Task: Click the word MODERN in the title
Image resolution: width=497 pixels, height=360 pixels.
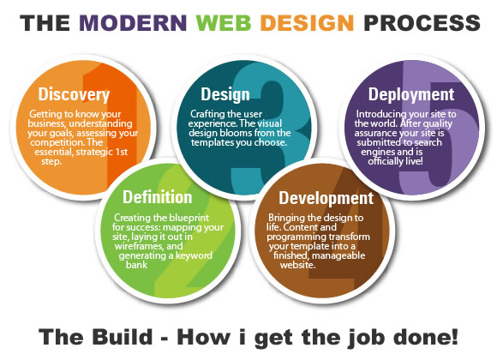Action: pyautogui.click(x=133, y=23)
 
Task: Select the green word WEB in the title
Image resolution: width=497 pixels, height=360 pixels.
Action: pyautogui.click(x=224, y=23)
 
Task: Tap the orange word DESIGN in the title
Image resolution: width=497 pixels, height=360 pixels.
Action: pyautogui.click(x=307, y=23)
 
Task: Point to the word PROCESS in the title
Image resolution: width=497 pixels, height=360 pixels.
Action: pyautogui.click(x=422, y=23)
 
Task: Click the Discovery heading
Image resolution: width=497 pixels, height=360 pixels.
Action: pyautogui.click(x=74, y=94)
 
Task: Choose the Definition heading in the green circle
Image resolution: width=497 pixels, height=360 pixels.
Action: pyautogui.click(x=157, y=197)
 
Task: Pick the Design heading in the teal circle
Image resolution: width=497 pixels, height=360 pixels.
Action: pyautogui.click(x=225, y=94)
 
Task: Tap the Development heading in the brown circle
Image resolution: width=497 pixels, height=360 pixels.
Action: pyautogui.click(x=326, y=198)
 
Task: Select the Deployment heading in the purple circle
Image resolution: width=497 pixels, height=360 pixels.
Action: pyautogui.click(x=411, y=94)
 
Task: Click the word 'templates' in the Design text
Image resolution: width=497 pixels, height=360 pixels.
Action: pyautogui.click(x=212, y=142)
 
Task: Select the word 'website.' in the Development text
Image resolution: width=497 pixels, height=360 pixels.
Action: pyautogui.click(x=297, y=265)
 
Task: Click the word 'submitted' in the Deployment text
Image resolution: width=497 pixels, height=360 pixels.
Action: pyautogui.click(x=377, y=142)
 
